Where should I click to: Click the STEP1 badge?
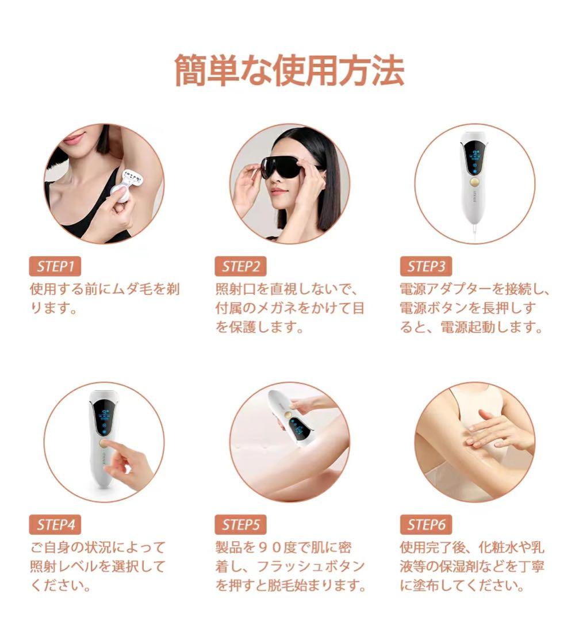point(55,266)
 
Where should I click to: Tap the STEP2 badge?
point(241,266)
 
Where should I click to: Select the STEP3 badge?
point(426,266)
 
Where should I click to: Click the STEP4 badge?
point(55,524)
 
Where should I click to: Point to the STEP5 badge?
point(241,524)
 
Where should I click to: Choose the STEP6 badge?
point(426,524)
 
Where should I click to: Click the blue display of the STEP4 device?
point(105,419)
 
